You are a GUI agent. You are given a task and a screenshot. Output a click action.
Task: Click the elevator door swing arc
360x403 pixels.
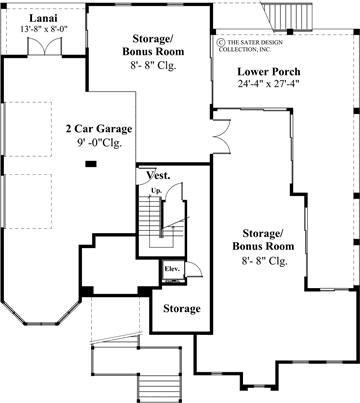tap(198, 268)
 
